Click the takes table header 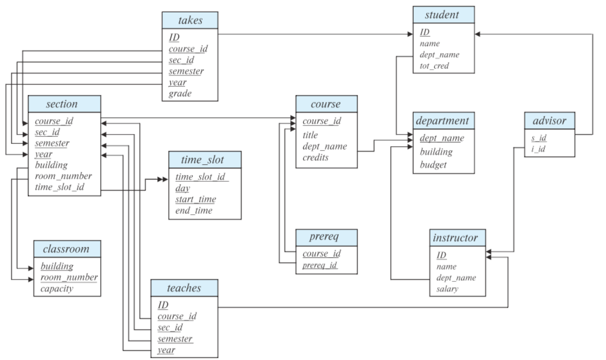[x=190, y=20]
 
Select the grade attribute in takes [x=180, y=93]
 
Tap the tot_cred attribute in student [x=434, y=66]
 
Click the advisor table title [x=549, y=120]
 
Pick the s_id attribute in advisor [x=539, y=138]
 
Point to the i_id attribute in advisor [x=538, y=149]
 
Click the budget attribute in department [x=433, y=165]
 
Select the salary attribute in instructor [x=447, y=289]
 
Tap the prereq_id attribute [x=320, y=265]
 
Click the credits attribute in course [x=315, y=157]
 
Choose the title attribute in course [x=310, y=135]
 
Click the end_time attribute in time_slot [x=194, y=210]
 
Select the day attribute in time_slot [x=182, y=188]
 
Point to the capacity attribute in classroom [x=57, y=288]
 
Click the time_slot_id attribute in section [x=60, y=187]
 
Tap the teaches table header [x=184, y=288]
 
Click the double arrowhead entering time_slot [x=163, y=179]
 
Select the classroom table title [x=66, y=249]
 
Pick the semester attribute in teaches [x=175, y=338]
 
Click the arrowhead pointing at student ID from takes [x=410, y=34]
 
